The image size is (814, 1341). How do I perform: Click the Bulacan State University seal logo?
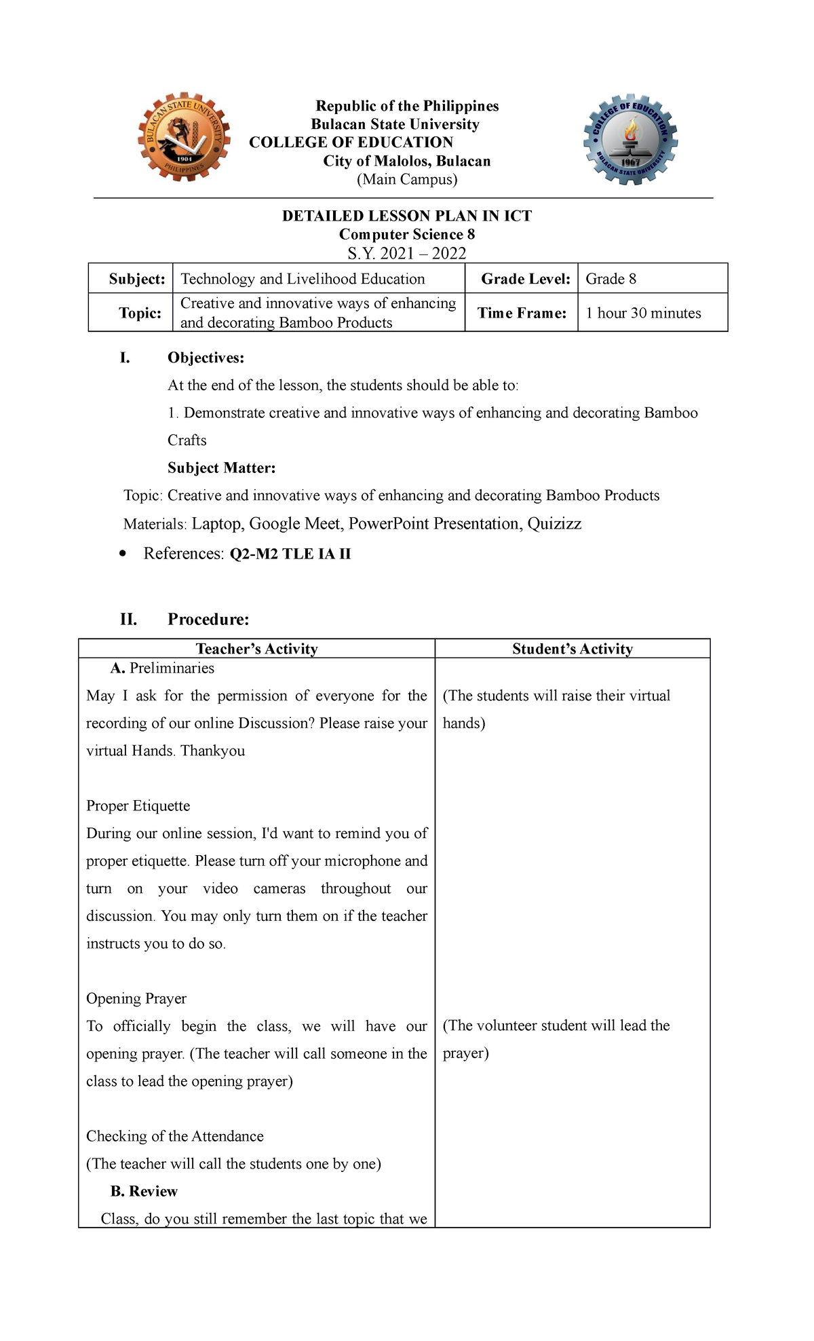183,138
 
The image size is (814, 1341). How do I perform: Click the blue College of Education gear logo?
631,139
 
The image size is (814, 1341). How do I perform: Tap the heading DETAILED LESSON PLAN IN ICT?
406,216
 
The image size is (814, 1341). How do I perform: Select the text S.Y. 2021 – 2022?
406,253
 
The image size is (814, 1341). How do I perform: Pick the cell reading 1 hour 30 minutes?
643,313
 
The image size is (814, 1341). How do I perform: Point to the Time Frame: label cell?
522,313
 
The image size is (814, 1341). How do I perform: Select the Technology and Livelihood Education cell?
303,279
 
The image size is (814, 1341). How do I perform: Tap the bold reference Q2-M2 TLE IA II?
290,554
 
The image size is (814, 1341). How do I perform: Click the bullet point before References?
122,554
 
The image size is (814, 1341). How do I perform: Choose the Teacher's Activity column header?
256,649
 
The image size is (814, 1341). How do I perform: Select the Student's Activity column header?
573,649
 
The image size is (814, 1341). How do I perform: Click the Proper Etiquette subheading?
138,806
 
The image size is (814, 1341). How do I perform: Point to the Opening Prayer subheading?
136,998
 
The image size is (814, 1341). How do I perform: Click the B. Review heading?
144,1191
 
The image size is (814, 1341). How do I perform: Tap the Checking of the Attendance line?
174,1136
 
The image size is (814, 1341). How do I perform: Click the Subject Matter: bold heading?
221,468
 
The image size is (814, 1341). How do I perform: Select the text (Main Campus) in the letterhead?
407,179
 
